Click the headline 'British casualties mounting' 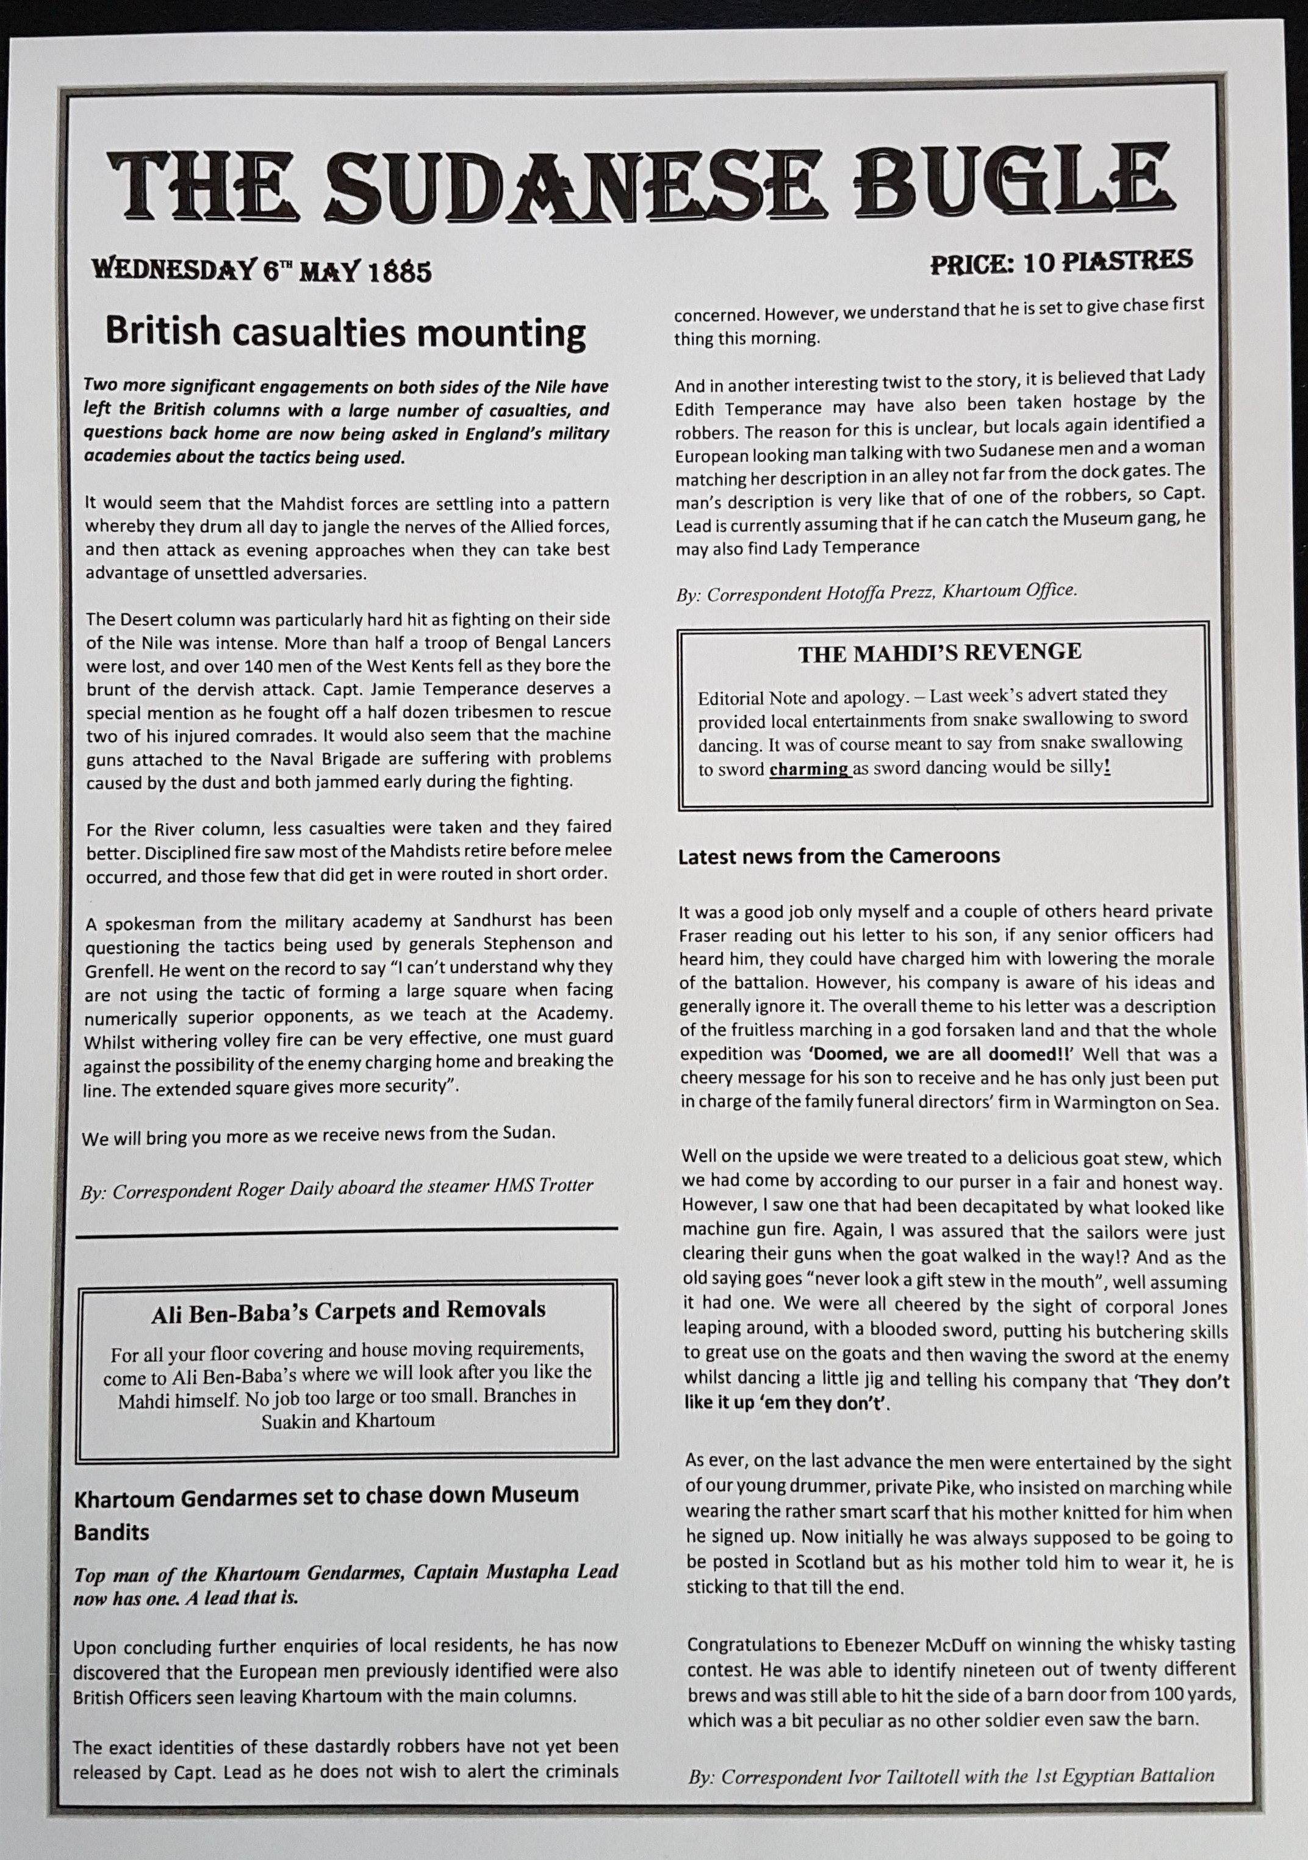pyautogui.click(x=346, y=332)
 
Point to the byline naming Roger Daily pyautogui.click(x=337, y=1185)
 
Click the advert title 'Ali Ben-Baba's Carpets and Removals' pyautogui.click(x=348, y=1310)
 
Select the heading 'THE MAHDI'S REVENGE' pyautogui.click(x=940, y=652)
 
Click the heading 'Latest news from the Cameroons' pyautogui.click(x=839, y=856)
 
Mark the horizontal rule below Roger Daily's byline pyautogui.click(x=346, y=1230)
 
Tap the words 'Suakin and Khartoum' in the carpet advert pyautogui.click(x=348, y=1420)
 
